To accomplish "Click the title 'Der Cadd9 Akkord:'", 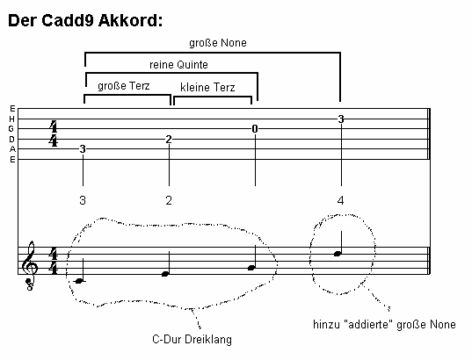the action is point(85,20).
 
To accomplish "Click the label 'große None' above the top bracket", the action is point(218,43).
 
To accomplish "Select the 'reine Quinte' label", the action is point(178,65).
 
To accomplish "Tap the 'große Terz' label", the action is point(124,86).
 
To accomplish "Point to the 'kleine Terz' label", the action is point(207,88).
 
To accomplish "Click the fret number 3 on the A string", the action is point(83,149).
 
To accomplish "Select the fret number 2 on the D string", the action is point(169,140).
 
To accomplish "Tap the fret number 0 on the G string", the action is point(255,129).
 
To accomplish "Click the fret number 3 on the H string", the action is point(341,119).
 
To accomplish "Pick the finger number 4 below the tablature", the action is point(340,200).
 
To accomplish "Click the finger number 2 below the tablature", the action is point(169,200).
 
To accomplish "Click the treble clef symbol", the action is point(30,265).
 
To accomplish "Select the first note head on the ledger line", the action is point(78,281).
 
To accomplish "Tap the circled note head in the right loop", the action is point(338,254).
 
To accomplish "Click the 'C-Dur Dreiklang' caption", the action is point(192,339).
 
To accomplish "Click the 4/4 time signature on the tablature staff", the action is point(54,133).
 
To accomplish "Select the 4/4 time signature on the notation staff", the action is point(54,261).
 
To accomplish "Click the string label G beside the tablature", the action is point(11,129).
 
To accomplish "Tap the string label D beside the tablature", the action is point(11,140).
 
